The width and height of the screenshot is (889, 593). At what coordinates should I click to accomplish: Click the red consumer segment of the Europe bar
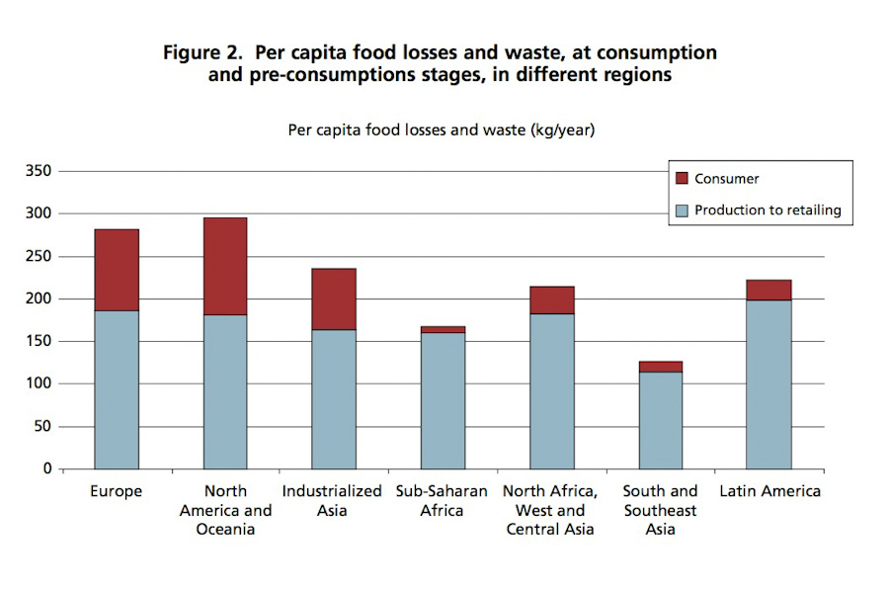(117, 270)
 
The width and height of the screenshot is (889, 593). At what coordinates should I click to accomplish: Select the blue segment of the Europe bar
(117, 389)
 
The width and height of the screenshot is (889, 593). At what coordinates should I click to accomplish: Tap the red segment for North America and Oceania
(225, 266)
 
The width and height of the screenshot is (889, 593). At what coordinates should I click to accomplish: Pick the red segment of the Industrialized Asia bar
(334, 298)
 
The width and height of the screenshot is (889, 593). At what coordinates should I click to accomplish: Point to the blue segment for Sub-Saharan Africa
(443, 400)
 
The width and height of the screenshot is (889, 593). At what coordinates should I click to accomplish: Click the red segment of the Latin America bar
(768, 290)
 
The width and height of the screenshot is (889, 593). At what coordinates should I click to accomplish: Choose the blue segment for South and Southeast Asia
(660, 420)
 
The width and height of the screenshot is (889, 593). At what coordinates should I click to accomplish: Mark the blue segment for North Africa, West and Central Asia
(551, 391)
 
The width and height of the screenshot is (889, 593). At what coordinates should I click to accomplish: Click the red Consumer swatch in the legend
(681, 179)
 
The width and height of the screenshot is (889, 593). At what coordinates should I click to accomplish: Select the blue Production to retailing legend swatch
(681, 211)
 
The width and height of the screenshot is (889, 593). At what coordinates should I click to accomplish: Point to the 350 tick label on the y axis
(40, 171)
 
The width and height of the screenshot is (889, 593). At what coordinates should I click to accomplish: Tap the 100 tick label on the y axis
(40, 383)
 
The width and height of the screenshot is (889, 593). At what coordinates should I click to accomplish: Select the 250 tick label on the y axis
(40, 256)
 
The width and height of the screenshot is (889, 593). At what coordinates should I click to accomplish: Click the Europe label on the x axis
(117, 491)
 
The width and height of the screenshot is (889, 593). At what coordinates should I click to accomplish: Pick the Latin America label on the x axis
(769, 491)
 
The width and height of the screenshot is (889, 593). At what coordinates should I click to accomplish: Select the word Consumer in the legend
(727, 179)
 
